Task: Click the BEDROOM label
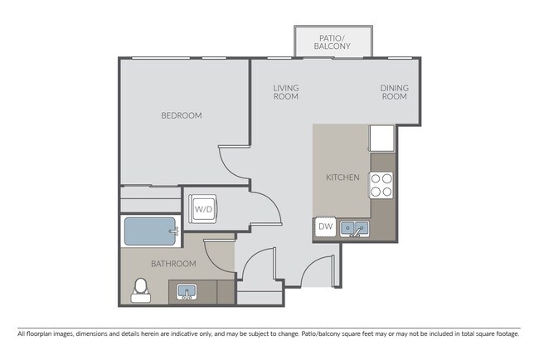coord(182,115)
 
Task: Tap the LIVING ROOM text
coord(286,92)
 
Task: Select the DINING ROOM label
coord(394,92)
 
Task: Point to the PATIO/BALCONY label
coord(332,42)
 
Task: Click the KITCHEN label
coord(342,178)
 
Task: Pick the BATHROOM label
coord(173,264)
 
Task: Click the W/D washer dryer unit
coord(203,209)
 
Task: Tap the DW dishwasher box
coord(325,226)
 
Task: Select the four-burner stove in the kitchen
coord(381,185)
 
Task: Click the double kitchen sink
coord(355,228)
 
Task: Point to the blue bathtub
coord(151,231)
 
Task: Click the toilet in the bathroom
coord(141,290)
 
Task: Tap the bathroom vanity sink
coord(187,292)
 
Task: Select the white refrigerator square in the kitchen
coord(381,139)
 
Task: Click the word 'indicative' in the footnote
coord(184,333)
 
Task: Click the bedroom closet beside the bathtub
coord(151,199)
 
